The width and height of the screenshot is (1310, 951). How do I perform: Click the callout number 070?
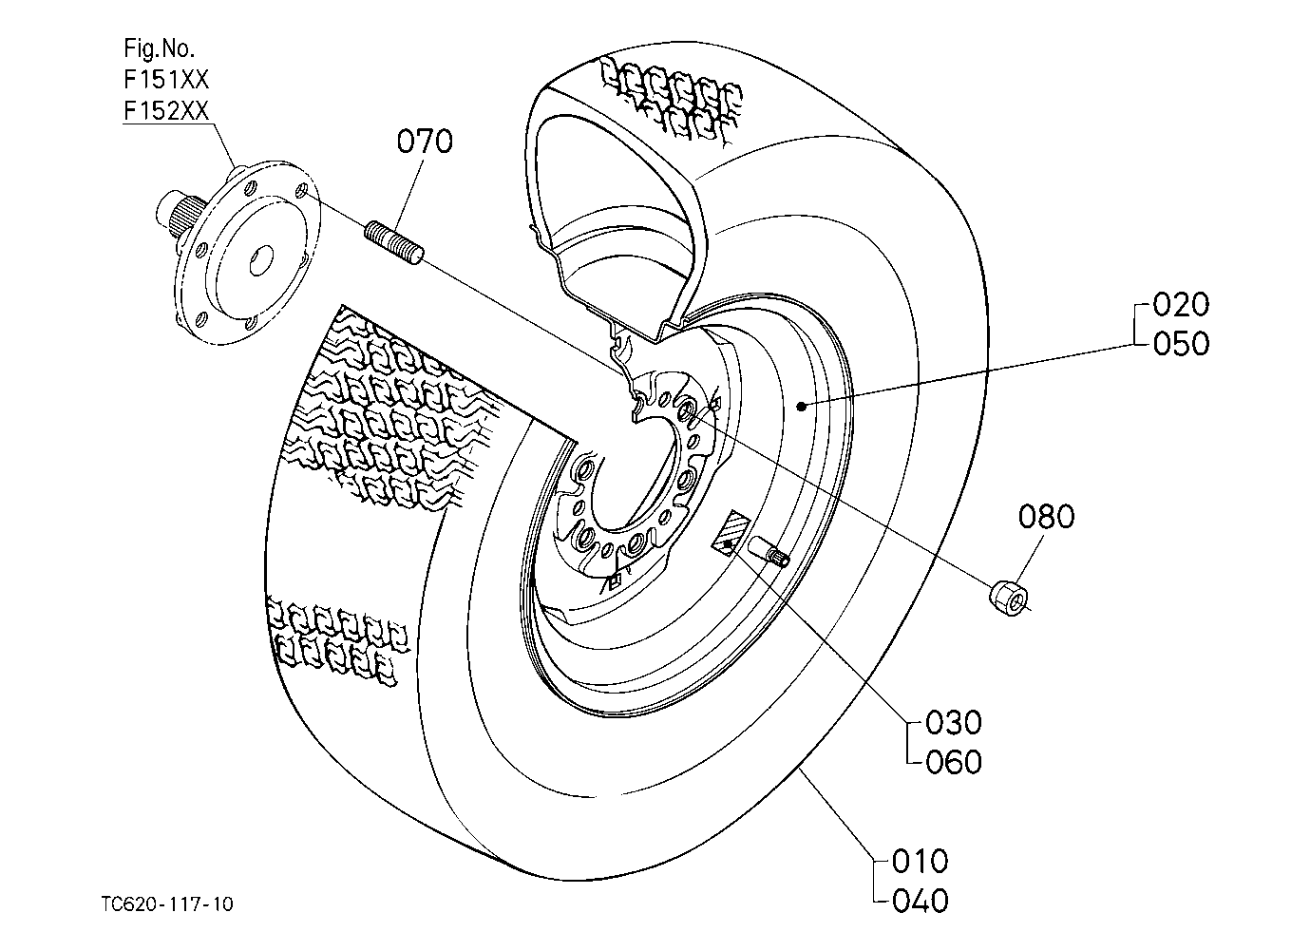pyautogui.click(x=425, y=142)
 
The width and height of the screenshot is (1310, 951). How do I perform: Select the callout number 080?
pyautogui.click(x=1046, y=517)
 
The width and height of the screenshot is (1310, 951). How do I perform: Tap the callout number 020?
pyautogui.click(x=1181, y=304)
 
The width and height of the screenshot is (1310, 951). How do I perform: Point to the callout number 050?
pyautogui.click(x=1181, y=343)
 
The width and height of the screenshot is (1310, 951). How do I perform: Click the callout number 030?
pyautogui.click(x=954, y=722)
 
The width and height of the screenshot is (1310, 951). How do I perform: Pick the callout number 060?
pyautogui.click(x=954, y=762)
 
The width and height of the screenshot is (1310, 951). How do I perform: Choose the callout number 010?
pyautogui.click(x=921, y=861)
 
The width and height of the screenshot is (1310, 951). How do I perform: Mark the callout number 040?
pyautogui.click(x=921, y=901)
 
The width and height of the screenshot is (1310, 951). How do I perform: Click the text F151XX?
pyautogui.click(x=166, y=79)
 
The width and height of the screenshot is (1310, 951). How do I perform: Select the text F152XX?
pyautogui.click(x=166, y=110)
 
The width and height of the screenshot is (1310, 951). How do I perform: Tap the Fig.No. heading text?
pyautogui.click(x=159, y=48)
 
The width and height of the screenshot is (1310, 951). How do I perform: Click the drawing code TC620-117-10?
pyautogui.click(x=167, y=903)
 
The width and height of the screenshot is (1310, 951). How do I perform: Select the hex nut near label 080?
pyautogui.click(x=1009, y=598)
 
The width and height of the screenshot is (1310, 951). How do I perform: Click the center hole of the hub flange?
pyautogui.click(x=261, y=259)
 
